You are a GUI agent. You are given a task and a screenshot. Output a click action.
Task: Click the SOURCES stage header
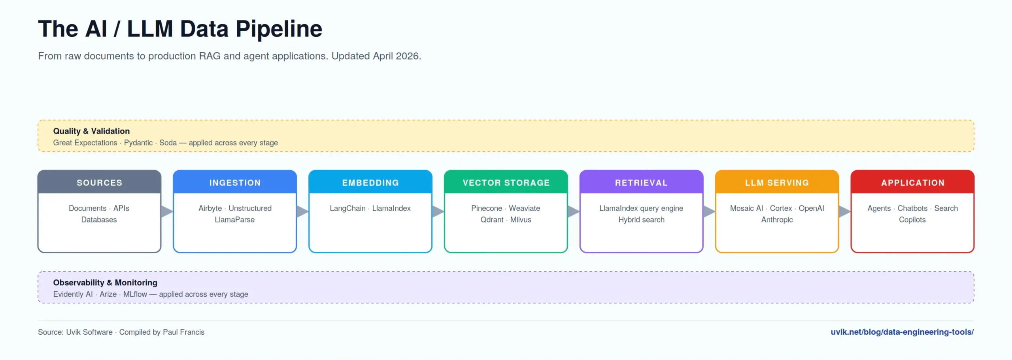[x=99, y=182]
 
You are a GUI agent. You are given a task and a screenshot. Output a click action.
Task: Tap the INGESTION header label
[x=235, y=183]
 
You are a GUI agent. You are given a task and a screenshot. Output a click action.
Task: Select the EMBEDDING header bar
[x=370, y=182]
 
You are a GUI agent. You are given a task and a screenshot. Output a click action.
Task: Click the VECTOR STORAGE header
[x=506, y=182]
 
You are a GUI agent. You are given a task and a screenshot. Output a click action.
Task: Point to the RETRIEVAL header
[x=641, y=182]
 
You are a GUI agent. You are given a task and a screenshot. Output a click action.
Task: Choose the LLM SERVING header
[x=777, y=182]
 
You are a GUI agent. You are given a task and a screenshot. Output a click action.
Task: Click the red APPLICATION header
[x=912, y=182]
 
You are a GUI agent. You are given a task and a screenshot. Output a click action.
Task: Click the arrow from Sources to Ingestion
[x=167, y=211]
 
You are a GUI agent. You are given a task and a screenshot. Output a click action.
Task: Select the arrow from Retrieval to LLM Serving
[x=709, y=211]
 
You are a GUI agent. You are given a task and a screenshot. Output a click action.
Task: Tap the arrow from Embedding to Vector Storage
[x=438, y=211]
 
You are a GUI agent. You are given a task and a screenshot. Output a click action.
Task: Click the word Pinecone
[x=487, y=208]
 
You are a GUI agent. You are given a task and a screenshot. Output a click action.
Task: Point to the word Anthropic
[x=777, y=220]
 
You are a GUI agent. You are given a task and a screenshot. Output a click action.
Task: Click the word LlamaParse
[x=235, y=220]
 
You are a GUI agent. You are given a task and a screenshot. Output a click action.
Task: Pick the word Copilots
[x=912, y=220]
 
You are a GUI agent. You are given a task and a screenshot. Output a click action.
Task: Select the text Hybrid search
[x=641, y=220]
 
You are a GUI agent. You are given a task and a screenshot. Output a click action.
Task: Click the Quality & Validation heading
[x=91, y=131]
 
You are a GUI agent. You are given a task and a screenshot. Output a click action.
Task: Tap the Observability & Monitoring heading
[x=105, y=283]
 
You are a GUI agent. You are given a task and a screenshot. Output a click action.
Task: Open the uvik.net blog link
[x=902, y=332]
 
